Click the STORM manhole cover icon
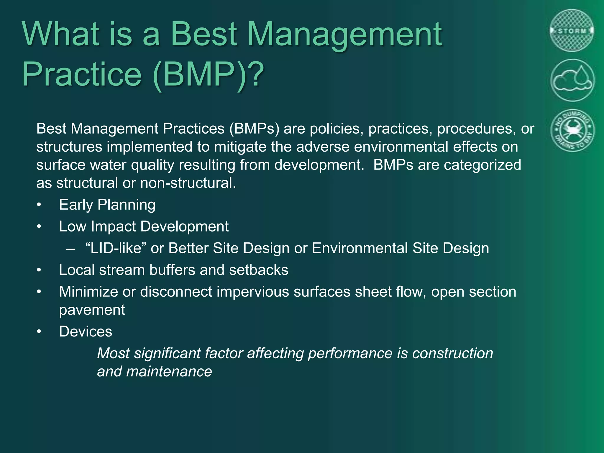[572, 31]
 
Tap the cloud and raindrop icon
[572, 80]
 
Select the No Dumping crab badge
[572, 130]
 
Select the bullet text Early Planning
[107, 205]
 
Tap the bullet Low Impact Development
[144, 226]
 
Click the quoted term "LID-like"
[116, 248]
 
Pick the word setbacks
[258, 270]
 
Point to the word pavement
[92, 310]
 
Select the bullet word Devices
[86, 331]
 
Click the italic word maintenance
[169, 371]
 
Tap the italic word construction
[452, 353]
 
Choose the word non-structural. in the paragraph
[188, 183]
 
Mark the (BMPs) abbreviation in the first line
[254, 129]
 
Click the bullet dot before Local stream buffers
[39, 270]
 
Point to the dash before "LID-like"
[70, 249]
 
